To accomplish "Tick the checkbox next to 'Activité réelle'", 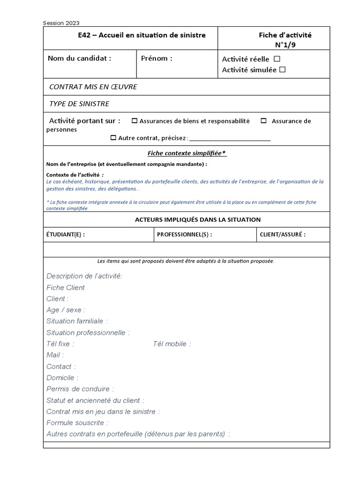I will [277, 59].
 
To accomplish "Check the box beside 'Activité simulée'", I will [282, 70].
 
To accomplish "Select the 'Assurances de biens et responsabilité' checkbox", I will [135, 121].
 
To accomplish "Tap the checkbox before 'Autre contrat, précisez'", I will [113, 138].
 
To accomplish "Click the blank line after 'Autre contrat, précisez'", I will [230, 139].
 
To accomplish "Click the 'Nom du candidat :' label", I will [80, 59].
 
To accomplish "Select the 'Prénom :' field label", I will [157, 59].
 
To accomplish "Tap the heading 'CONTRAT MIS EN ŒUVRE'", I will [93, 87].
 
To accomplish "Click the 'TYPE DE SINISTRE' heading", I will [79, 104].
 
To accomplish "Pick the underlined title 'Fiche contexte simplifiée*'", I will [187, 153].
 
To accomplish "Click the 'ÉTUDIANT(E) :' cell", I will [66, 235].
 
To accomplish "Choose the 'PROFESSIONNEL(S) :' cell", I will [184, 235].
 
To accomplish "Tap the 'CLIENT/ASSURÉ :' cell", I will [283, 235].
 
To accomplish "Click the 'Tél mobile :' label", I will [172, 344].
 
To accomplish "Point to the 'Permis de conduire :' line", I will [80, 389].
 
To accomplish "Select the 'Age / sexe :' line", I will [66, 310].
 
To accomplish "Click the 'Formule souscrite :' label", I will [77, 423].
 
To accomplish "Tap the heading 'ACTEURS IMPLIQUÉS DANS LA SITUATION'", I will [198, 219].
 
